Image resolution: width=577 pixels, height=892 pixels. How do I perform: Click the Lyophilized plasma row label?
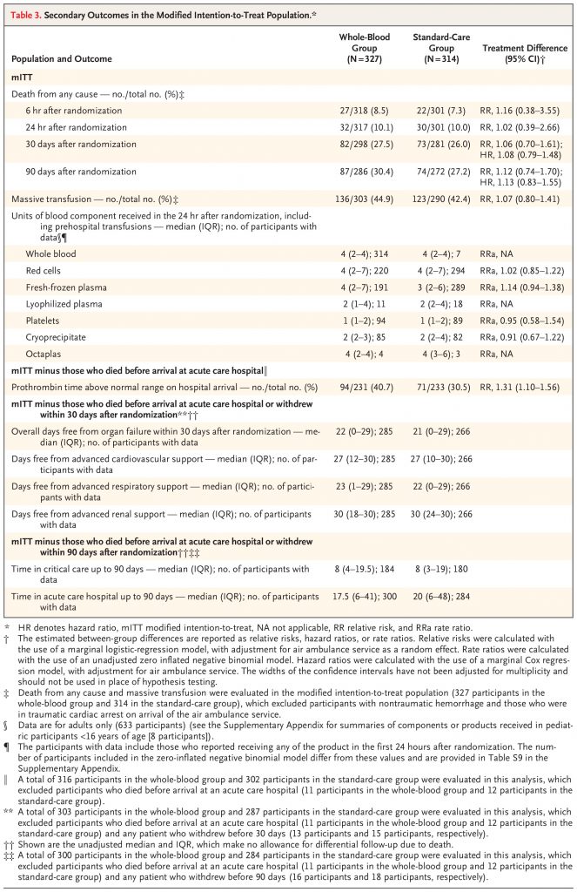pyautogui.click(x=65, y=304)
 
